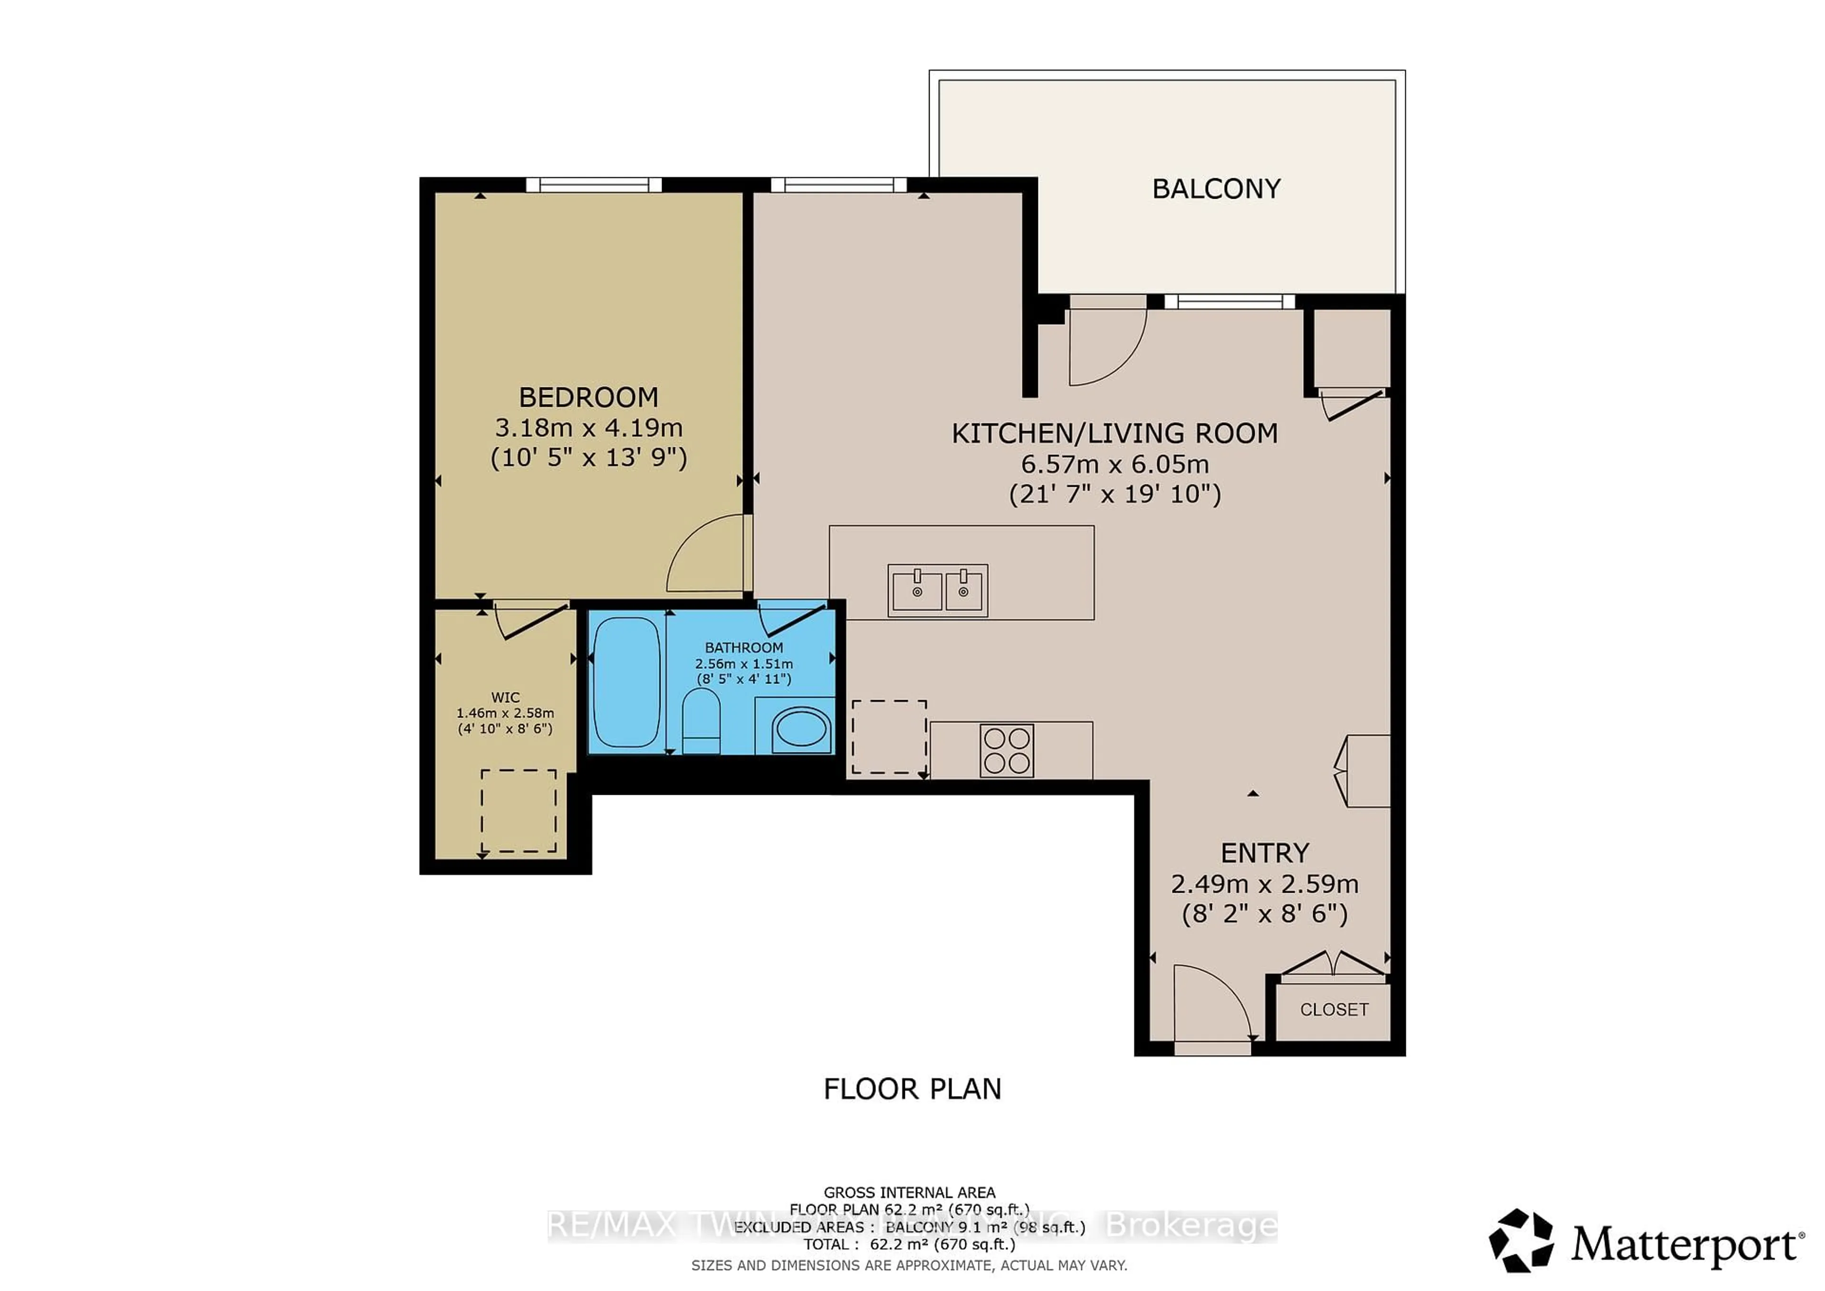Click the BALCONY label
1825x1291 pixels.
tap(1216, 189)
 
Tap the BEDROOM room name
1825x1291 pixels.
tap(588, 397)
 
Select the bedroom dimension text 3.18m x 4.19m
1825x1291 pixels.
tap(588, 428)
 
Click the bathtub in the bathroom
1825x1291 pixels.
tap(626, 682)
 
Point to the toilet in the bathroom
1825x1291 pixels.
tap(701, 720)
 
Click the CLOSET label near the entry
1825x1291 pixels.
tap(1334, 1010)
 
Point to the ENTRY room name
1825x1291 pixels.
tap(1264, 853)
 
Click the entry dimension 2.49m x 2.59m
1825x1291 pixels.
tap(1264, 884)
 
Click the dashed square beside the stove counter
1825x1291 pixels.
tap(889, 736)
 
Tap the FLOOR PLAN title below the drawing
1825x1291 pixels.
tap(912, 1089)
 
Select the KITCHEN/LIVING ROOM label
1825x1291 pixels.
tap(1114, 433)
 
